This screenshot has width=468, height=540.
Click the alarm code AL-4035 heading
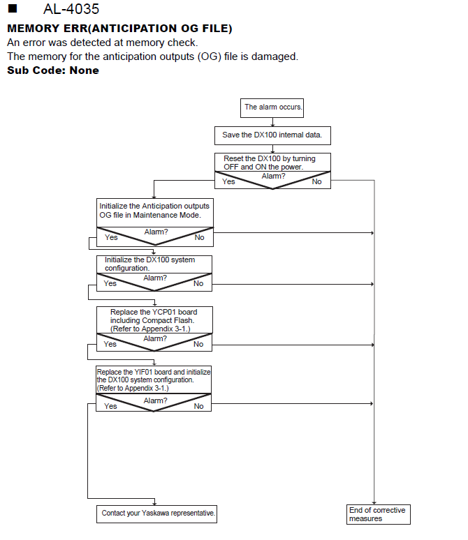coord(71,9)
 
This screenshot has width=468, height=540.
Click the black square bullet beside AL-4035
coord(13,8)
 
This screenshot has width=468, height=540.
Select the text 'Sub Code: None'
coord(53,70)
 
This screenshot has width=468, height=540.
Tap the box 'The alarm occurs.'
coord(272,108)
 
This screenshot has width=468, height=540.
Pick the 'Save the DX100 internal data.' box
coord(272,135)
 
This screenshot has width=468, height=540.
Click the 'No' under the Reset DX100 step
coord(316,182)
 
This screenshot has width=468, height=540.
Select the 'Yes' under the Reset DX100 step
coord(228,182)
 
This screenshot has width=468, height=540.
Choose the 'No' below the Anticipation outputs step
coord(199,238)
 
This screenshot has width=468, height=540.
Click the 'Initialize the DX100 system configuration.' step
coord(154,264)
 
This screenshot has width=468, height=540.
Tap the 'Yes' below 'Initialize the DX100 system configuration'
coord(110,283)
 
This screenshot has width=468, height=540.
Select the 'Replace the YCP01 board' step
coord(154,320)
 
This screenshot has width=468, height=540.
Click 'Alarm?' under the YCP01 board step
coord(155,339)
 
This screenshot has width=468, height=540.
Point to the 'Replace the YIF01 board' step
coord(154,380)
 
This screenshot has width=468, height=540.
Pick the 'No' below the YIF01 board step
coord(198,406)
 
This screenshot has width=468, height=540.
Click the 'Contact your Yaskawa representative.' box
coord(156,513)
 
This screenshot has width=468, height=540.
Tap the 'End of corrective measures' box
coord(379,514)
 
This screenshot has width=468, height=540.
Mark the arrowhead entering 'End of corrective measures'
coord(374,503)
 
